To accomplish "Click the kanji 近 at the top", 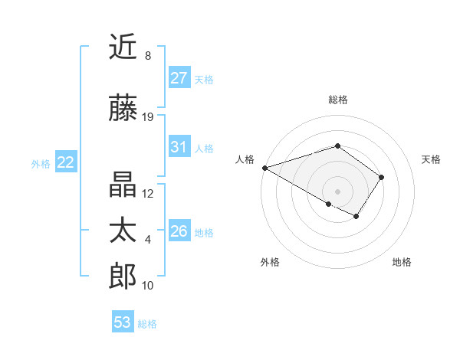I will tap(123, 47).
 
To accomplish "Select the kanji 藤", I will tap(123, 109).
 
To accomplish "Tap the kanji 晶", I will tap(123, 185).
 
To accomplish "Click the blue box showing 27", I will tap(179, 78).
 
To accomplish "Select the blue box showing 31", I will tap(179, 147).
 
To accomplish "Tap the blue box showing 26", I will tap(179, 231).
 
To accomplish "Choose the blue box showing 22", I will tap(65, 162).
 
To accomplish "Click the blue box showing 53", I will tap(122, 322).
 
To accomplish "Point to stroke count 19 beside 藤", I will tap(148, 117).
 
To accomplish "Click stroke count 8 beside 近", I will tap(147, 56).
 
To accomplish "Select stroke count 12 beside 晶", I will tap(148, 194).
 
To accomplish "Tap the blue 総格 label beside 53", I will tap(147, 324).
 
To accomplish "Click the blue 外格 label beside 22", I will tap(40, 163).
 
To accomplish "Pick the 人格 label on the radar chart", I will tap(245, 159).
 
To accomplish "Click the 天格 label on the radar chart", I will tap(431, 159).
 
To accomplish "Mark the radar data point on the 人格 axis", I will tap(264, 168).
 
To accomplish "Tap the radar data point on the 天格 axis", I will tap(382, 177).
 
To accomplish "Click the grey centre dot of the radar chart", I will tap(337, 191).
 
